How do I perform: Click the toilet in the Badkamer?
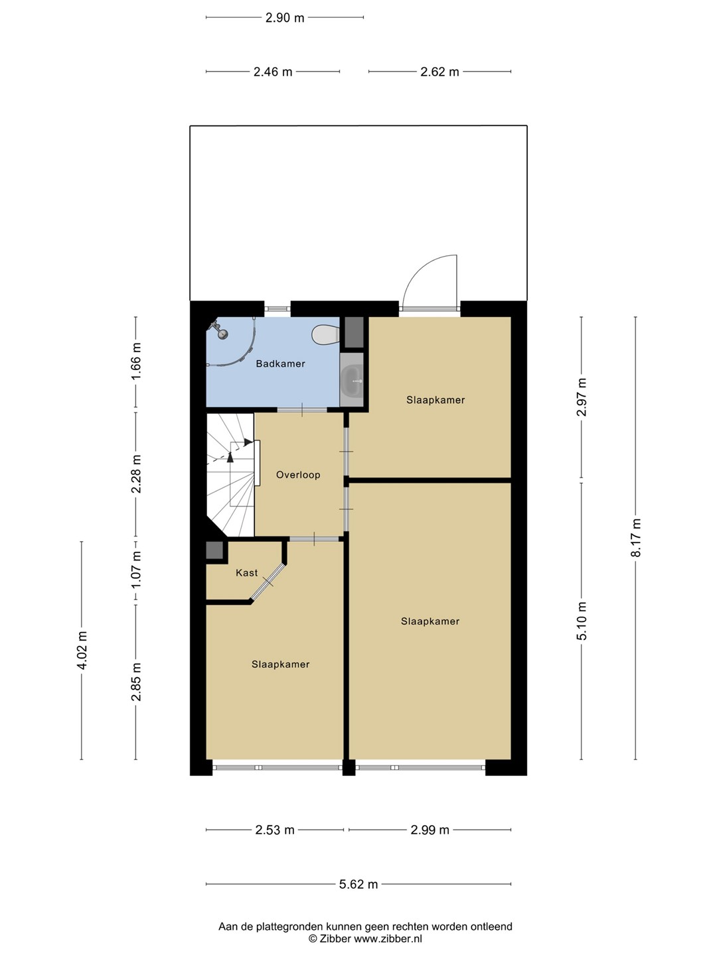tap(325, 334)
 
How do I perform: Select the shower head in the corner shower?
tap(218, 330)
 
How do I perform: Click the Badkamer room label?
tap(280, 363)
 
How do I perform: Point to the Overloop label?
tap(298, 475)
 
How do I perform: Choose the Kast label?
tap(247, 573)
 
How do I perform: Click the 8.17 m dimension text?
tap(636, 538)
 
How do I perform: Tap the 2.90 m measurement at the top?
tap(285, 18)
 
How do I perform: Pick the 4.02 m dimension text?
tap(82, 650)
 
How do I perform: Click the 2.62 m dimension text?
tap(439, 72)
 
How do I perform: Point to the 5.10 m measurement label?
tap(582, 621)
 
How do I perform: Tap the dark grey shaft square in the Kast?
tap(214, 551)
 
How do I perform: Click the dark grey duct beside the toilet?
tap(354, 332)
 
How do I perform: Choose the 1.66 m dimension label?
tap(136, 361)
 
